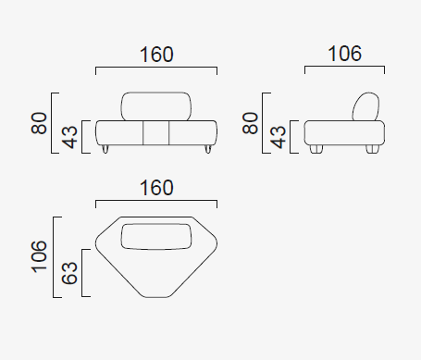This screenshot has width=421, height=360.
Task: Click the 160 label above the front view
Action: click(156, 55)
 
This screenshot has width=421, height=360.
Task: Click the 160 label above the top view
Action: click(156, 188)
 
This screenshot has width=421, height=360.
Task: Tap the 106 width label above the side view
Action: click(344, 54)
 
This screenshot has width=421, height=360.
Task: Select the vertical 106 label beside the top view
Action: click(39, 256)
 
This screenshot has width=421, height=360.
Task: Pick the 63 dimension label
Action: click(69, 273)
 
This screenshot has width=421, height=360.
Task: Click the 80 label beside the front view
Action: click(39, 123)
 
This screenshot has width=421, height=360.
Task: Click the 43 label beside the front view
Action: click(69, 137)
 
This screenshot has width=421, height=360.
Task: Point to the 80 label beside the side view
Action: click(250, 123)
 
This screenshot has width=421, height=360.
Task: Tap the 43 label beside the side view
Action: click(278, 137)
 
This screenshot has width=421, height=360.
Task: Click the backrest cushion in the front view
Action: click(155, 106)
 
